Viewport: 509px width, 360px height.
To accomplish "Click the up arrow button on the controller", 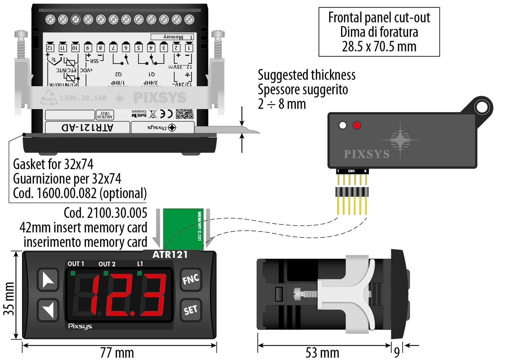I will coord(48,280).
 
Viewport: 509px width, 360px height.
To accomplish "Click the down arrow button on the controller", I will coord(48,309).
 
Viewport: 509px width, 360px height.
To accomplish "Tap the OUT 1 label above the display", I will coord(76,264).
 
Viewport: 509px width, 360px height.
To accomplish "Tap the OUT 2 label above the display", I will coord(107,264).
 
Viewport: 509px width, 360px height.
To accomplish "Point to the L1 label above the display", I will coord(140,264).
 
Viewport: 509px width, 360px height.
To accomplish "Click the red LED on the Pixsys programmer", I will coord(357,126).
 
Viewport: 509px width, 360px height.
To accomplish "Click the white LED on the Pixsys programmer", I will coord(343,126).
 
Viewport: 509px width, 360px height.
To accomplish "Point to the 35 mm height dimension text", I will coord(9,299).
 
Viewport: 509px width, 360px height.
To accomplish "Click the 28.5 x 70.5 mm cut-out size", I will coord(379,46).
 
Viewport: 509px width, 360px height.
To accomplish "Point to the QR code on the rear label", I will coord(185,114).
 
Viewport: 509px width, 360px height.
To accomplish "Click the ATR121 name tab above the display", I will coord(170,254).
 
